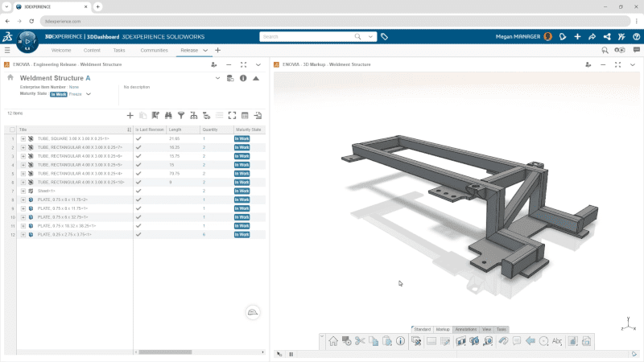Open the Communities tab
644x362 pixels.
[154, 50]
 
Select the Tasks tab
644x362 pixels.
[119, 50]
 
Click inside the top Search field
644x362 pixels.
[310, 36]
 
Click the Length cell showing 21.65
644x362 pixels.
[174, 139]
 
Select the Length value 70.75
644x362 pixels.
[174, 174]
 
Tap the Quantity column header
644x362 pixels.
[210, 130]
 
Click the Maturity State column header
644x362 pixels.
[248, 130]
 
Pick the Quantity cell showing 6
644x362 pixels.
[204, 235]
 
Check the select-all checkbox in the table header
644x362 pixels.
[12, 130]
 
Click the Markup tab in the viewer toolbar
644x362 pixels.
[443, 329]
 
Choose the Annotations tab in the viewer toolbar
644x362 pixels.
[465, 329]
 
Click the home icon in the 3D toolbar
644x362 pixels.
[333, 342]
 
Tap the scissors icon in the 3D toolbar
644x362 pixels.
[360, 342]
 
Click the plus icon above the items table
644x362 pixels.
[130, 115]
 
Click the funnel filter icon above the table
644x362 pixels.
[181, 115]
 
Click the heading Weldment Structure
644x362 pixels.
[51, 77]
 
